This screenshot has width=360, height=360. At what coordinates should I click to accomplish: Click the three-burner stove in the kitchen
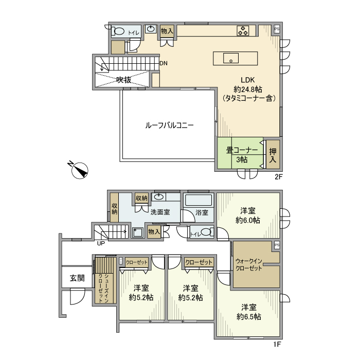[243, 31]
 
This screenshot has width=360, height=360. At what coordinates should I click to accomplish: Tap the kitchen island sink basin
[231, 58]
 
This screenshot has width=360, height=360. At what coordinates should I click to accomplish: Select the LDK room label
[248, 80]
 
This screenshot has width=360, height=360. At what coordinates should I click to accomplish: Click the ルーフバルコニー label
[169, 125]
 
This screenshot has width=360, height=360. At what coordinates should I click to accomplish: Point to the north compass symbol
[79, 170]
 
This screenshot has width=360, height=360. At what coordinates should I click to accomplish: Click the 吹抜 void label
[124, 80]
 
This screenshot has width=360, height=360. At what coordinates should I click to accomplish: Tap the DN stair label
[164, 63]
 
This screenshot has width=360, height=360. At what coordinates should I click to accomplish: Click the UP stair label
[101, 243]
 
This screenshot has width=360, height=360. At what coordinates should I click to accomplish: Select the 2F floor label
[278, 177]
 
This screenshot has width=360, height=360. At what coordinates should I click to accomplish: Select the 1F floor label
[277, 345]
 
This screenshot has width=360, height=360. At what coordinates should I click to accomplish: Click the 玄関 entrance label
[77, 278]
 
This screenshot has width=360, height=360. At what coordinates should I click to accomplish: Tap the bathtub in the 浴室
[199, 200]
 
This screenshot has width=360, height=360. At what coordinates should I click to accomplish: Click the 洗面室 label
[160, 212]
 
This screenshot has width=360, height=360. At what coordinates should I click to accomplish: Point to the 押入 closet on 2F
[273, 154]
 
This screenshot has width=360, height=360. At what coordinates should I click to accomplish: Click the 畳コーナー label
[242, 150]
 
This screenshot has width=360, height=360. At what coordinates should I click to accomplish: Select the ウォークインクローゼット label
[249, 264]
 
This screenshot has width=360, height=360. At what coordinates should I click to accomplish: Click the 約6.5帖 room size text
[249, 317]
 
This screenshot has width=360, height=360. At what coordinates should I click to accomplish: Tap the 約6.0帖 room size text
[248, 221]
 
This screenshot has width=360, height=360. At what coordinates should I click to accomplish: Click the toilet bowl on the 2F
[118, 31]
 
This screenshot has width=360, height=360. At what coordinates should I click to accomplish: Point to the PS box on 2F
[277, 29]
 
